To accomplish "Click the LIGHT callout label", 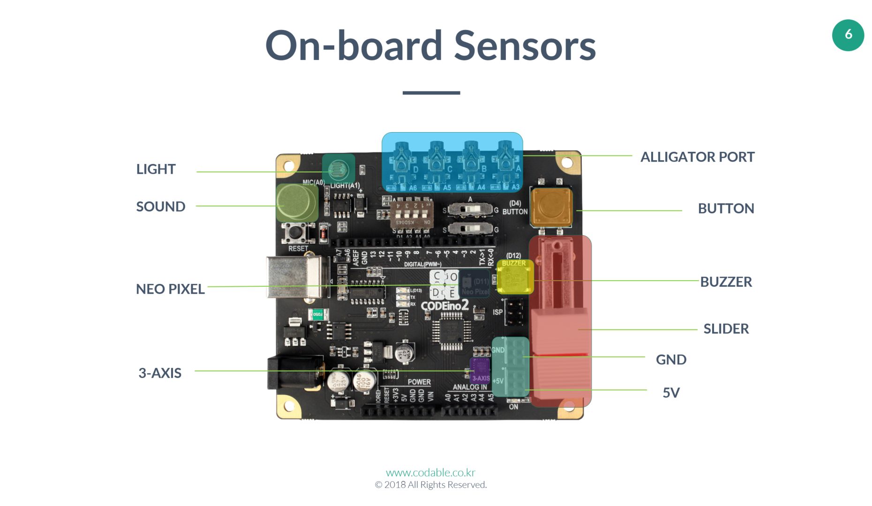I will click(x=156, y=169).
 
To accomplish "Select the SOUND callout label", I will click(x=160, y=207).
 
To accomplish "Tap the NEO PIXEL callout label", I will click(x=170, y=289).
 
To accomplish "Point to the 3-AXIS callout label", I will click(x=160, y=373).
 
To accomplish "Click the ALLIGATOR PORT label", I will click(x=697, y=157).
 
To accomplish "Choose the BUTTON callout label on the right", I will click(x=726, y=208).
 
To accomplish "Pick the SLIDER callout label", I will click(x=726, y=329).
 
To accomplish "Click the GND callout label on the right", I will click(x=671, y=360).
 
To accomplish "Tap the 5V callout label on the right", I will click(x=671, y=393).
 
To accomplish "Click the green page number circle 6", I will click(x=848, y=35).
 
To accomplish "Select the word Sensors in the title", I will click(x=525, y=46).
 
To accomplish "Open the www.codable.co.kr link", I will click(x=430, y=472).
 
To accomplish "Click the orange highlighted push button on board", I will click(x=551, y=207).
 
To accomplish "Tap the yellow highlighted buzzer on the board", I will click(x=515, y=278).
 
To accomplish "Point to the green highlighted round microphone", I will click(x=297, y=203).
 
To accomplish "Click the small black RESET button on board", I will click(x=295, y=232).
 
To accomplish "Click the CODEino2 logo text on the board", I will click(x=444, y=306).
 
